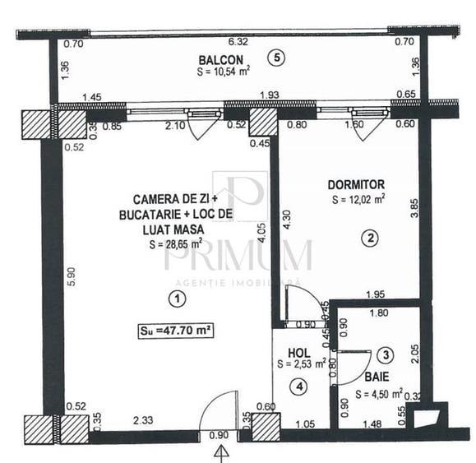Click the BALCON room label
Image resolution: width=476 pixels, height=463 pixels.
[x=220, y=59]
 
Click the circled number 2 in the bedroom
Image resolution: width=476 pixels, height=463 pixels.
[x=371, y=238]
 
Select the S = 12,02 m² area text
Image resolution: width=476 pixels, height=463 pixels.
[x=358, y=200]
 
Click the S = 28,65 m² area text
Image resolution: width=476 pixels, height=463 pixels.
[x=175, y=243]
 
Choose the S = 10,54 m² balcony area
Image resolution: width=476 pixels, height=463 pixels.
[x=223, y=71]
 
